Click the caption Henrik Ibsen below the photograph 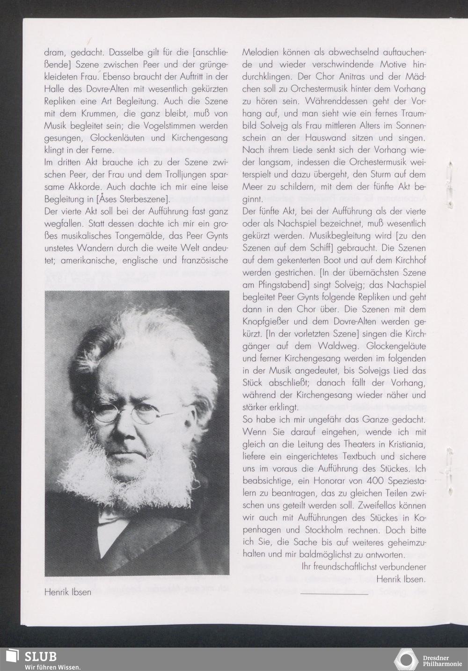68,592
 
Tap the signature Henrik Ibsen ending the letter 402,580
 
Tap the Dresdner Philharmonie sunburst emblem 406,659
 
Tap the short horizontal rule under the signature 334,594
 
